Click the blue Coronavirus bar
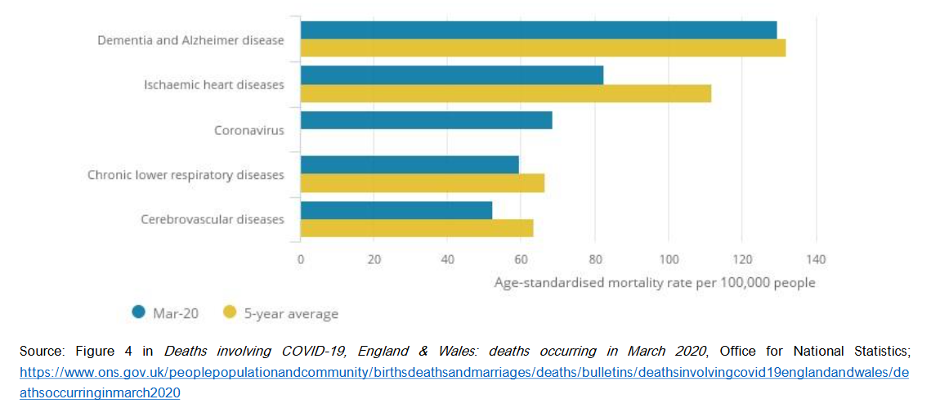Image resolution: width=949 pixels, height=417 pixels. click(426, 120)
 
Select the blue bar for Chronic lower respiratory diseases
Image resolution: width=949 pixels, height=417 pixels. click(410, 164)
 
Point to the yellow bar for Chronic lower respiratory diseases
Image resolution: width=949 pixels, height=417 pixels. click(422, 183)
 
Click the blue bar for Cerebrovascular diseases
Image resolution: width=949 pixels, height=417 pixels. click(396, 210)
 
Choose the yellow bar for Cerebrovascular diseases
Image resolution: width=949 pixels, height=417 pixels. click(417, 228)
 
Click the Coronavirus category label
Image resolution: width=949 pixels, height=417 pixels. click(248, 130)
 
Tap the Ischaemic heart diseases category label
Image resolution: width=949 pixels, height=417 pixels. click(214, 85)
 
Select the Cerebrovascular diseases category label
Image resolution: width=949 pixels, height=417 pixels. click(213, 219)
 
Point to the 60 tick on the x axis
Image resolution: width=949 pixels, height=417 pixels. click(521, 260)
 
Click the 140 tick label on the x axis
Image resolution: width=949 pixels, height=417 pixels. click(815, 260)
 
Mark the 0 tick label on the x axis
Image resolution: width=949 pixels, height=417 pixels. click(301, 260)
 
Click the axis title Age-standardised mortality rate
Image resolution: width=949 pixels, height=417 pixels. click(655, 283)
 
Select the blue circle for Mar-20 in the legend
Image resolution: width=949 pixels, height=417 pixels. click(139, 312)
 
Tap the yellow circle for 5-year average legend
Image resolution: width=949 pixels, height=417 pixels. click(230, 312)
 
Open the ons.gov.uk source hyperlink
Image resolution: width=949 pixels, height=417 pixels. click(463, 372)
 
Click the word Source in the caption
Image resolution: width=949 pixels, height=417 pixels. click(40, 352)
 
